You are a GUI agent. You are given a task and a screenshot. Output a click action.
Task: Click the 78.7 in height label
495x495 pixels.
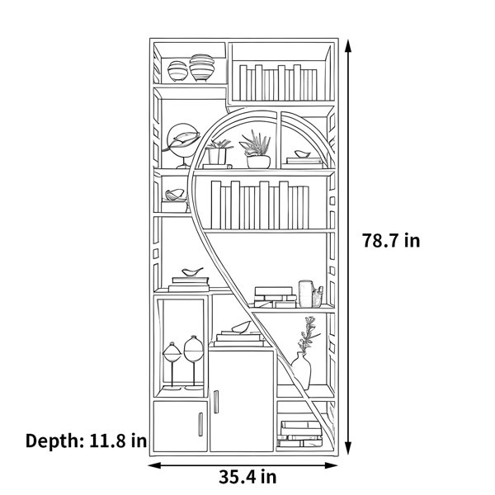tap(391, 241)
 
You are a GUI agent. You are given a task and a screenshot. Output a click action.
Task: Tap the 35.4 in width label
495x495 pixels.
tap(247, 477)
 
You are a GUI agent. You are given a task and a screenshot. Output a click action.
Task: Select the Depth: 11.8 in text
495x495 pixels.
tap(86, 441)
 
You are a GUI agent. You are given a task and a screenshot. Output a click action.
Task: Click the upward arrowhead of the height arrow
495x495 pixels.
tap(348, 47)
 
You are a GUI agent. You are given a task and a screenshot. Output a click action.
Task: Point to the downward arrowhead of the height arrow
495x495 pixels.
tap(348, 448)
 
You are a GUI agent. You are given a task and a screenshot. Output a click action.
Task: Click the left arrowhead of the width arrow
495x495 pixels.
tap(155, 465)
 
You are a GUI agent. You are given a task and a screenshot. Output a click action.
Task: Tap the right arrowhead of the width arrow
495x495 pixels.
tap(331, 465)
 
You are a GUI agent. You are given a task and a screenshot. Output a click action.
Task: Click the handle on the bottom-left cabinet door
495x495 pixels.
tap(200, 424)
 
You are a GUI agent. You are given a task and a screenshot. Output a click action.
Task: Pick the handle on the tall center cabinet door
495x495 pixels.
tap(216, 402)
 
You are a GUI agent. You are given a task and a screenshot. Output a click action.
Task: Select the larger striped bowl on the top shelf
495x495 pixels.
tap(202, 68)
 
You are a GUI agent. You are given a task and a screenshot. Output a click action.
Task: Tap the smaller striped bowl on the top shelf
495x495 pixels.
tap(177, 71)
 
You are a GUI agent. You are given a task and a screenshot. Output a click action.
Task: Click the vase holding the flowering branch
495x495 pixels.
tap(301, 371)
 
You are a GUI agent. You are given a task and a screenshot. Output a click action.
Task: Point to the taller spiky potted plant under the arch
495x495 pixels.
tap(257, 149)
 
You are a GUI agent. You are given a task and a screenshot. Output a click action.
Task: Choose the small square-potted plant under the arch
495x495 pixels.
tap(217, 153)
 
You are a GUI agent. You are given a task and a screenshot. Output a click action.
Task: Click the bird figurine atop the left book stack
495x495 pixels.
tap(192, 271)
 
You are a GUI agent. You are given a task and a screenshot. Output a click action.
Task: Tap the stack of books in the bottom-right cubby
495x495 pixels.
tap(300, 434)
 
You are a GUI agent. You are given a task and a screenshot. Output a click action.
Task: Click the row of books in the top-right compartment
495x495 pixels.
tap(278, 82)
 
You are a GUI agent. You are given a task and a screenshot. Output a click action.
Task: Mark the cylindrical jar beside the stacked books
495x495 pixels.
tap(305, 294)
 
